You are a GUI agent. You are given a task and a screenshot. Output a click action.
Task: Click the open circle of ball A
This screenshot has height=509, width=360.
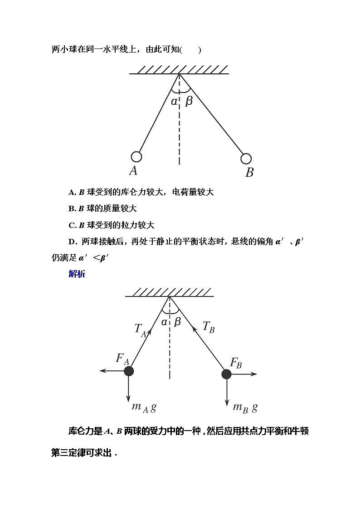[136, 157]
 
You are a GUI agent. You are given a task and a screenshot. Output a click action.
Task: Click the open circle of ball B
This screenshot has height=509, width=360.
[246, 159]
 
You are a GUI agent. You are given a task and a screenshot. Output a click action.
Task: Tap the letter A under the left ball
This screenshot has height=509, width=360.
[133, 170]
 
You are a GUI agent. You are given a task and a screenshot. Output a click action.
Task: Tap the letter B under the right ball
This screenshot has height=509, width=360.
[249, 172]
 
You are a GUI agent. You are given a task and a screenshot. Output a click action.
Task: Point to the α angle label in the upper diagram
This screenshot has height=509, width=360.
[174, 101]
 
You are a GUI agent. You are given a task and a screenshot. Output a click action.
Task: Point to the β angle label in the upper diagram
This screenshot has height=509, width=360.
[189, 101]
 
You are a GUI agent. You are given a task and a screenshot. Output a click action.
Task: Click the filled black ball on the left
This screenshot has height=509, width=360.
[129, 371]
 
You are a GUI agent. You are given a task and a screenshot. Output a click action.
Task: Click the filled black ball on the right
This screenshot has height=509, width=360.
[226, 374]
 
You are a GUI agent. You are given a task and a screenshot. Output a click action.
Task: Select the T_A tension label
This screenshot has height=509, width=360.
[140, 330]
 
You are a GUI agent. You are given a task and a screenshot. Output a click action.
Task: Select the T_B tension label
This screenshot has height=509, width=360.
[209, 327]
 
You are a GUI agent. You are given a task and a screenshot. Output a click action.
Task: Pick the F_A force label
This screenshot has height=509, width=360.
[123, 359]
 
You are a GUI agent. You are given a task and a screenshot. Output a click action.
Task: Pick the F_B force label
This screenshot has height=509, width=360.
[236, 363]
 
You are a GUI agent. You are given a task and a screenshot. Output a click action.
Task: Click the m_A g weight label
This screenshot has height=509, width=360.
[144, 407]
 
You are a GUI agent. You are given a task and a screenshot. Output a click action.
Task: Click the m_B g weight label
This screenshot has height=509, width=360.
[245, 407]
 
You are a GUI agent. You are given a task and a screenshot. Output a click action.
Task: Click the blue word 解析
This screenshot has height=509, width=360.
[77, 274]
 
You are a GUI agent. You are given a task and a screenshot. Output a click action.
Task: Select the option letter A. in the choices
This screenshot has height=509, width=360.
[72, 192]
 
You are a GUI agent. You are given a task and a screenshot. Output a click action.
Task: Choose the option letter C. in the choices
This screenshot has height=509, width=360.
[72, 225]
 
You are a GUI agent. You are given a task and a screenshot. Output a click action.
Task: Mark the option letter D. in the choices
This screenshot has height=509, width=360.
[72, 242]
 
